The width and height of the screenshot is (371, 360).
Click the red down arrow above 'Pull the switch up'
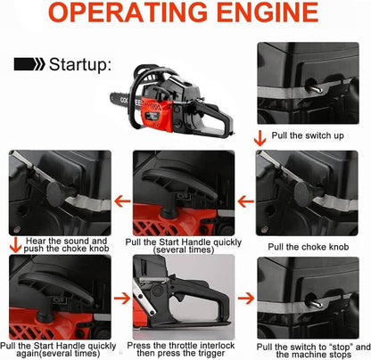pos(259,137)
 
